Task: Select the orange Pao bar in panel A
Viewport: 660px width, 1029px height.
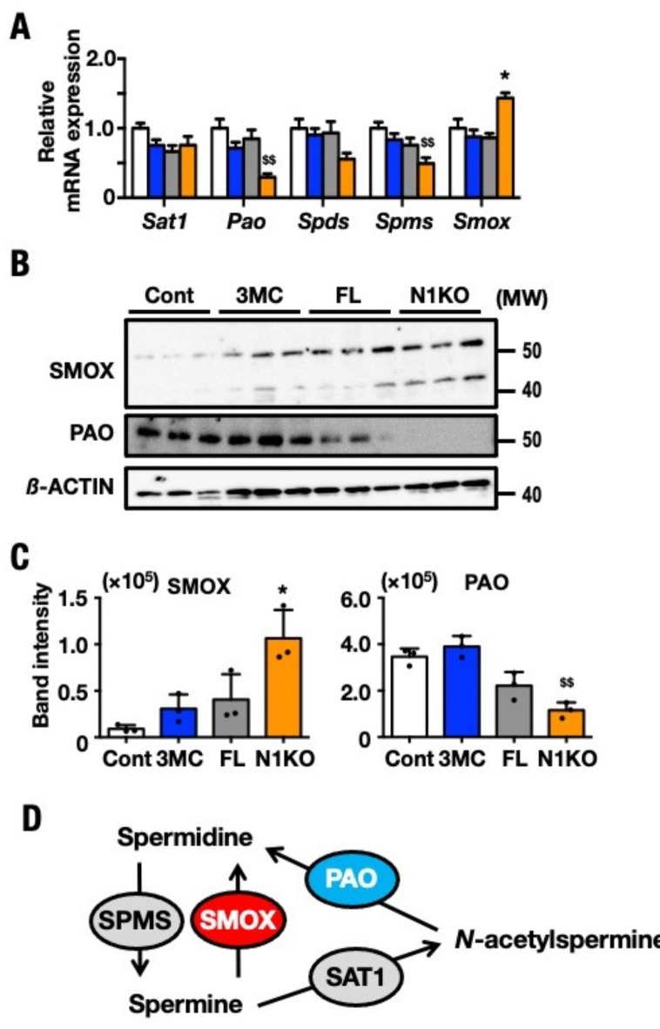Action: (x=269, y=187)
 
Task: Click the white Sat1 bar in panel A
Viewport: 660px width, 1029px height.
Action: (x=138, y=163)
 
